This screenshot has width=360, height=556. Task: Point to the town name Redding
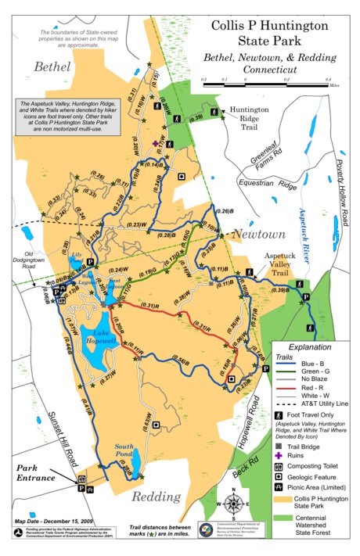click(x=156, y=497)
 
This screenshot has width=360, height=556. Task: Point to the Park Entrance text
click(x=33, y=473)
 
